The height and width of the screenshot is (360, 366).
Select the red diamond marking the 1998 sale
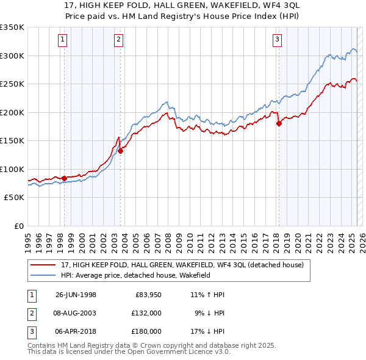[64, 178]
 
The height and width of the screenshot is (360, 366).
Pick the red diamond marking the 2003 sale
[120, 151]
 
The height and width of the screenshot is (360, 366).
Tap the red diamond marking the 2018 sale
[279, 124]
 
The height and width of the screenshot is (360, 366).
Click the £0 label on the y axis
[18, 226]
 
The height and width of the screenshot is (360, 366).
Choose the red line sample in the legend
[44, 264]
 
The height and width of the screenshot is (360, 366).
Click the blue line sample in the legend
[44, 275]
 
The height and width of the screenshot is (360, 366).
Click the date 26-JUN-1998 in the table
[76, 295]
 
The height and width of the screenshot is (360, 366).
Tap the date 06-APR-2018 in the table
[76, 331]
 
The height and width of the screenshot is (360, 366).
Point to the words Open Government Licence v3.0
[184, 352]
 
